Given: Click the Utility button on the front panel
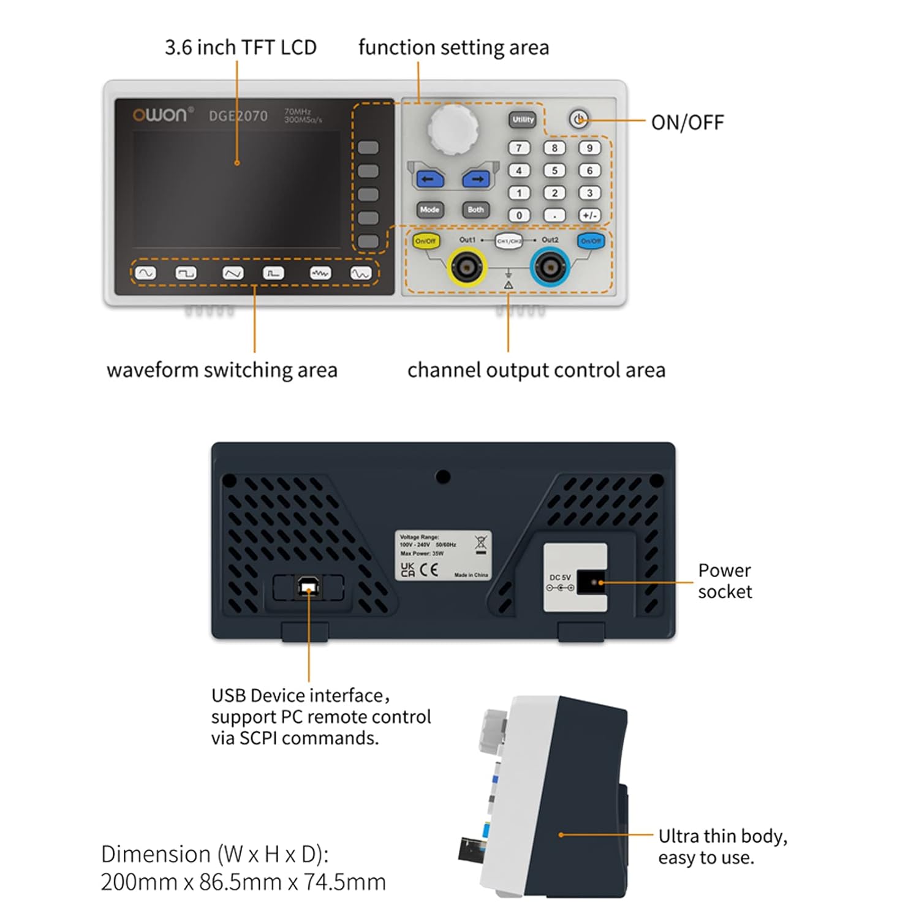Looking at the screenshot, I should point(523,119).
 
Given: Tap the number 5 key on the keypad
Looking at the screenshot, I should point(554,170).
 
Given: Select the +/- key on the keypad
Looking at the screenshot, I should point(589,216).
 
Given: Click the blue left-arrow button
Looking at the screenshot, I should point(429,179).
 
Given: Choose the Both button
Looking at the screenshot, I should point(476,210).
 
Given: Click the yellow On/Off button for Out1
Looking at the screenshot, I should point(426,241).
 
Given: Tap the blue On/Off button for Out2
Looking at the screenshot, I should point(591,241).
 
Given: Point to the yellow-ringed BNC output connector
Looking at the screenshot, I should point(467,267).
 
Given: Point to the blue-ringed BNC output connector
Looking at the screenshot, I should point(550,267).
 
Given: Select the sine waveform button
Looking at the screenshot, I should point(145,273).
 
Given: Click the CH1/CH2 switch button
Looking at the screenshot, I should point(509,241).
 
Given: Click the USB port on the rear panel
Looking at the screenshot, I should point(308,588).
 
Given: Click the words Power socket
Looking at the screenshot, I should point(725,581).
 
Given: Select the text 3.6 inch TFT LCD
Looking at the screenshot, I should point(240,47).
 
